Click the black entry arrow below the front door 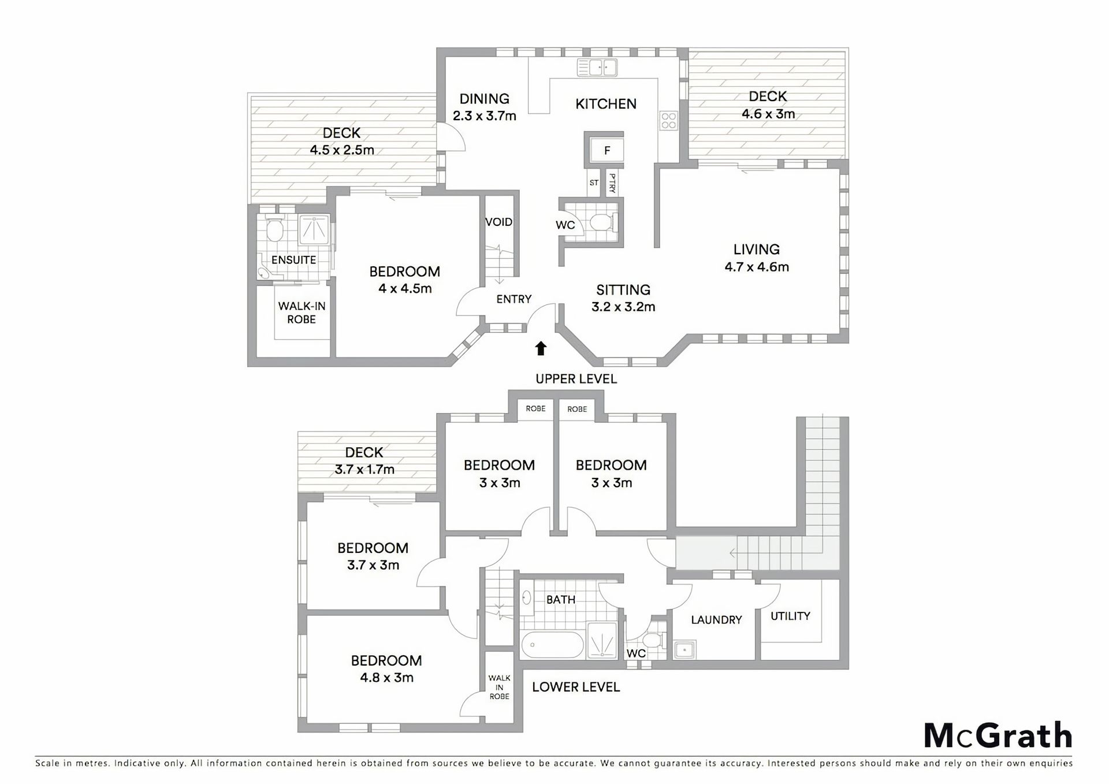(x=541, y=348)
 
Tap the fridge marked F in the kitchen (x=606, y=150)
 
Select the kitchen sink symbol (x=597, y=68)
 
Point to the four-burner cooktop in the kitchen (x=669, y=121)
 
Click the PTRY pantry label (x=612, y=183)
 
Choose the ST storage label (x=594, y=183)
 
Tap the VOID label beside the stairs (x=498, y=222)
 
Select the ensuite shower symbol (x=314, y=230)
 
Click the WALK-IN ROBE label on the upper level (x=302, y=313)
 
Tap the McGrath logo (x=998, y=735)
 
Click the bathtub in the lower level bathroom (x=552, y=645)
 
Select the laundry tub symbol (x=685, y=650)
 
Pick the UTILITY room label (x=790, y=616)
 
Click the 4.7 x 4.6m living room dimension (x=757, y=267)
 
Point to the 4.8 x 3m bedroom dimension (x=387, y=678)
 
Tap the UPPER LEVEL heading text (x=576, y=379)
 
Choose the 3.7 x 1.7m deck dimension (x=364, y=470)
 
